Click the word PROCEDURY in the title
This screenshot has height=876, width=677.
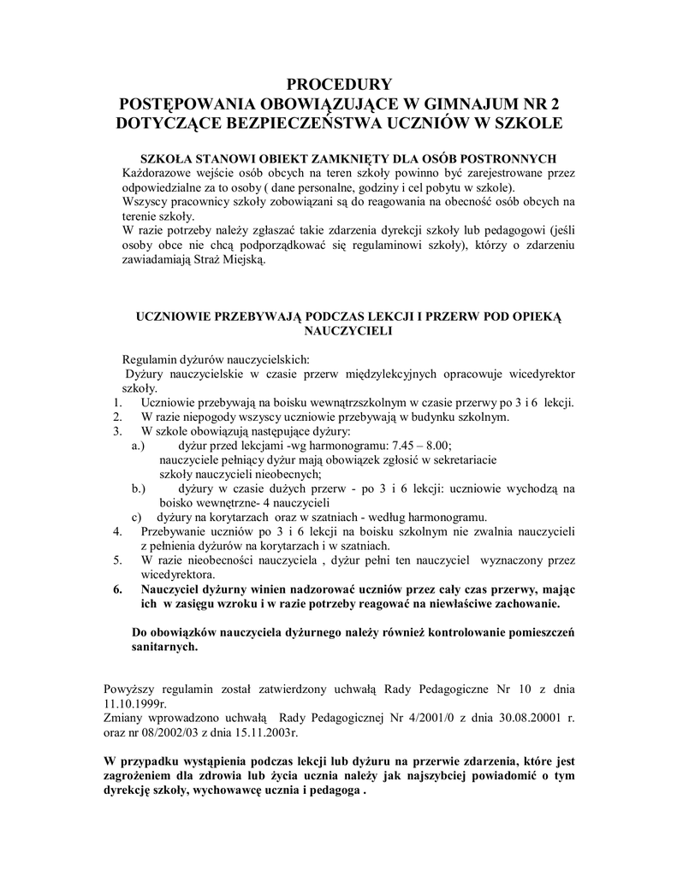point(338,84)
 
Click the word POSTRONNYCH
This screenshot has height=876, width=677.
point(503,158)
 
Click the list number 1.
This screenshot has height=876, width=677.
point(117,403)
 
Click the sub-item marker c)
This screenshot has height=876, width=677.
point(136,517)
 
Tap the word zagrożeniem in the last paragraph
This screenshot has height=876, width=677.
point(141,775)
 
